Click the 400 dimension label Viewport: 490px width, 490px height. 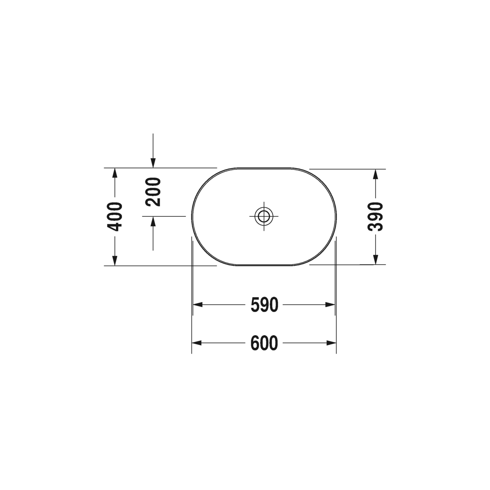(x=115, y=217)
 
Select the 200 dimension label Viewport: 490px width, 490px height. (x=153, y=192)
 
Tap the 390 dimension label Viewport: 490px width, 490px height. (x=375, y=217)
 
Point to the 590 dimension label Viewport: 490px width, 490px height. (x=265, y=305)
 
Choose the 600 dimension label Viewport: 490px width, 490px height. (x=264, y=343)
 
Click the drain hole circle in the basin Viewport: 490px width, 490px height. (x=264, y=216)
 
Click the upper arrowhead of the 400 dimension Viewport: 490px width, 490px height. (x=115, y=173)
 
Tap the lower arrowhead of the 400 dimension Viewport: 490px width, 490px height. (x=115, y=261)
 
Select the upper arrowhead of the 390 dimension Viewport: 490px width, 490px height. (x=376, y=174)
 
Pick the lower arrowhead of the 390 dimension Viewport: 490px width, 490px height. (x=376, y=260)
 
